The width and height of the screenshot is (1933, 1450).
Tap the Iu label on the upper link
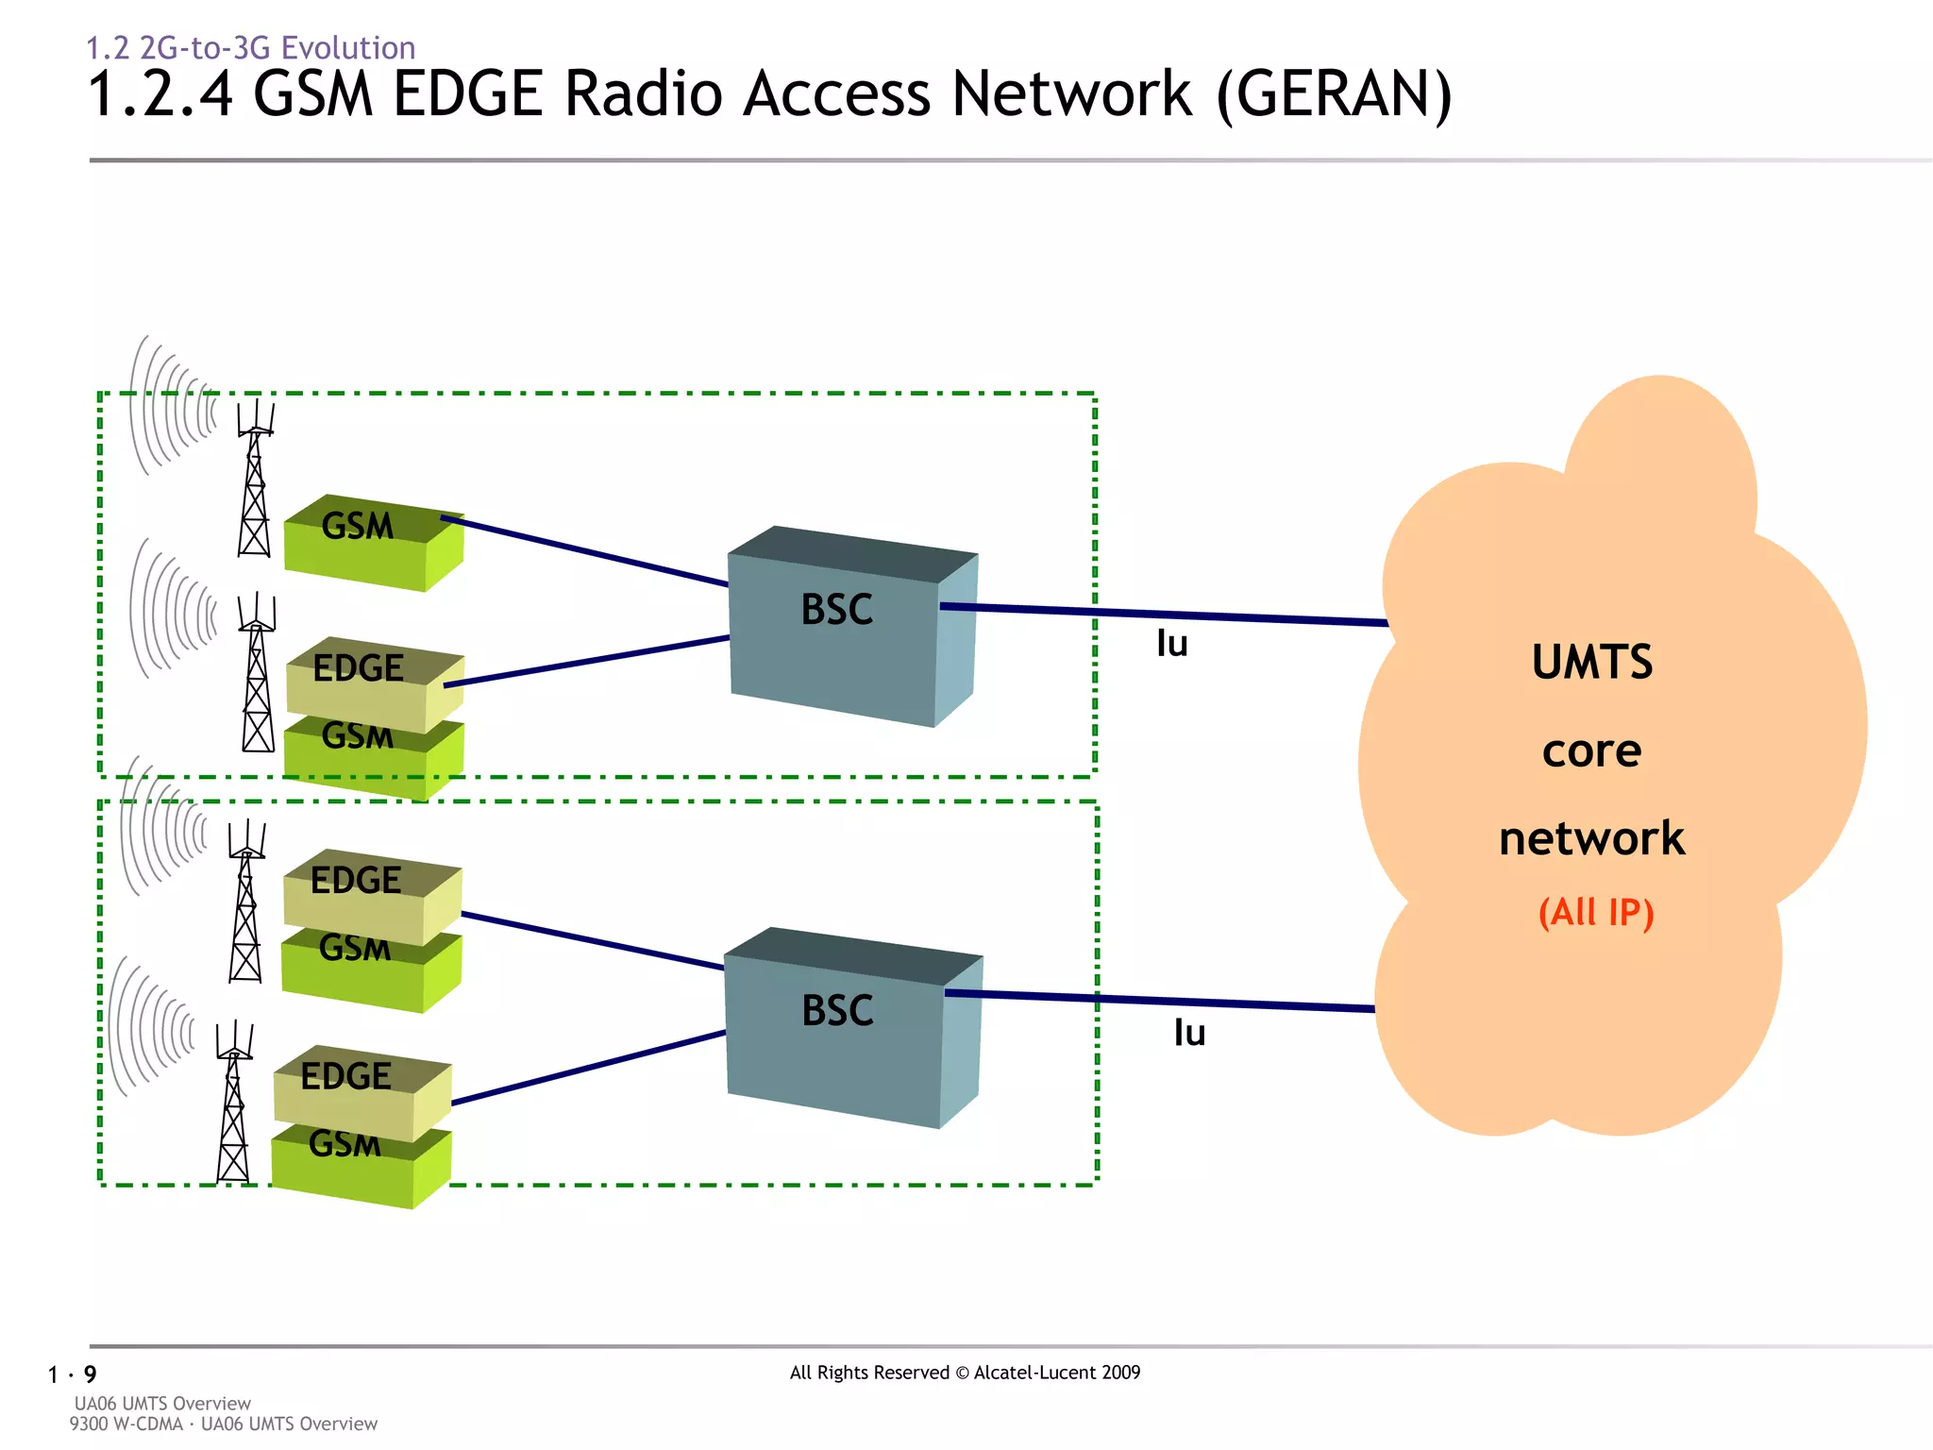point(1171,645)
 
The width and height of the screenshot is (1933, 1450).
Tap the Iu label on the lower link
point(1189,1034)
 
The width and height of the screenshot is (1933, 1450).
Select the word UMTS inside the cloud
point(1591,663)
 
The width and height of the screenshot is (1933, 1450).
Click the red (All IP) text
point(1595,913)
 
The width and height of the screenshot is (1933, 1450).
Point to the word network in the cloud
point(1591,839)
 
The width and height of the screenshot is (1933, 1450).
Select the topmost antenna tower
point(254,481)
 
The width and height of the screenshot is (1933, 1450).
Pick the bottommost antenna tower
point(233,1104)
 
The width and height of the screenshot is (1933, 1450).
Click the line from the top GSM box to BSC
point(585,551)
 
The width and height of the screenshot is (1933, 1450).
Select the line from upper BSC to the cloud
point(1161,614)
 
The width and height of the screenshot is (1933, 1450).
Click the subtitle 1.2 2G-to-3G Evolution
point(251,47)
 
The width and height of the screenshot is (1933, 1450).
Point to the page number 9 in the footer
point(90,1374)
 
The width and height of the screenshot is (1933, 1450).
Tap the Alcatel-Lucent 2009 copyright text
point(1057,1373)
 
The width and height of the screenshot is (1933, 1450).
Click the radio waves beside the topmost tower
point(170,406)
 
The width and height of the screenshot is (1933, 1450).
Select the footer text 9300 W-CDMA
point(126,1424)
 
